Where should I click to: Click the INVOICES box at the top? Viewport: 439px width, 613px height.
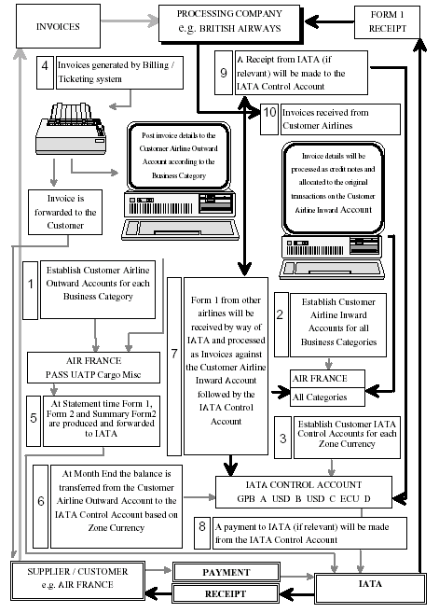coord(58,26)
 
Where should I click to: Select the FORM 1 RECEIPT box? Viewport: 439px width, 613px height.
coord(387,21)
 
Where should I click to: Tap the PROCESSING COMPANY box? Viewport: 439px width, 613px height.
coord(229,23)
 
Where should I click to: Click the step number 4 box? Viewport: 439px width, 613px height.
coord(45,73)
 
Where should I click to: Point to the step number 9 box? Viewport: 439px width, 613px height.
coord(224,73)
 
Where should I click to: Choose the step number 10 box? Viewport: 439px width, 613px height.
coord(269,119)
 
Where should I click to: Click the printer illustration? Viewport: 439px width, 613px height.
coord(71,129)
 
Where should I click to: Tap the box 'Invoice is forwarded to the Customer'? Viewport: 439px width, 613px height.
coord(65,213)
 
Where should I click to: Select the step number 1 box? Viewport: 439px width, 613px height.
coord(31,290)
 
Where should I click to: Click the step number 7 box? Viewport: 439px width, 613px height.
coord(174,367)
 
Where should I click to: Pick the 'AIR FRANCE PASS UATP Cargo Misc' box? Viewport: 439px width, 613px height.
coord(93,368)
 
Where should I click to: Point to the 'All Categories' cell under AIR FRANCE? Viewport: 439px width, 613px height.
coord(327,397)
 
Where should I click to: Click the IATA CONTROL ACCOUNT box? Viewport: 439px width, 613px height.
coord(304,492)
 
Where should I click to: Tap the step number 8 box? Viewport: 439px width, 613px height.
coord(202,533)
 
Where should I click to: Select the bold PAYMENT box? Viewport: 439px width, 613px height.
coord(226,572)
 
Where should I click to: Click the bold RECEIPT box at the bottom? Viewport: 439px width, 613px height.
coord(226,593)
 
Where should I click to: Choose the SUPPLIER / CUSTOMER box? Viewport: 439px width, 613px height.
coord(77,580)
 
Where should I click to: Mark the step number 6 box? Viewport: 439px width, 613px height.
coord(41,507)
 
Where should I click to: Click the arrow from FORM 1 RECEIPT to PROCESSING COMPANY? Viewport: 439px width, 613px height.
coord(329,21)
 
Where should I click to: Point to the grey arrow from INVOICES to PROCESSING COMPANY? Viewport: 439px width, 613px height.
coord(130,21)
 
